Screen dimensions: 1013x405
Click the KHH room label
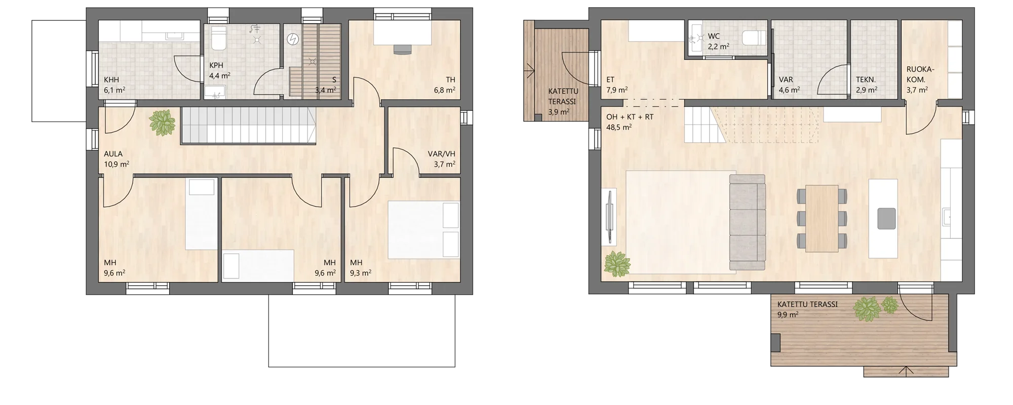(111, 79)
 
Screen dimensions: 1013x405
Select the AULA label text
(113, 154)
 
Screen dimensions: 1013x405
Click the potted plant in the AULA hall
(162, 123)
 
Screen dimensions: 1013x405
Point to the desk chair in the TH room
(403, 48)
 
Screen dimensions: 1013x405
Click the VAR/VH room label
(442, 154)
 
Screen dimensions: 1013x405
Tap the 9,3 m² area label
(361, 272)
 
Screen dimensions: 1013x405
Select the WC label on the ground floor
(714, 36)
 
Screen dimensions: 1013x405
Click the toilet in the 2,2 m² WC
(755, 38)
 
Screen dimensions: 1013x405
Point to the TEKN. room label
(866, 79)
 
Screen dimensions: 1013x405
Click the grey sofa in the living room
(747, 222)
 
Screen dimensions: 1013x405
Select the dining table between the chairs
(822, 218)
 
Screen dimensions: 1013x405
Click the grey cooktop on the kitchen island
(886, 218)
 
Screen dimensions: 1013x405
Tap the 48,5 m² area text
(619, 127)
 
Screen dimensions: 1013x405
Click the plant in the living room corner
(617, 264)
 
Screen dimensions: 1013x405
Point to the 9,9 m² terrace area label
(788, 314)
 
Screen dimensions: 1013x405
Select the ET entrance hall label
(610, 79)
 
